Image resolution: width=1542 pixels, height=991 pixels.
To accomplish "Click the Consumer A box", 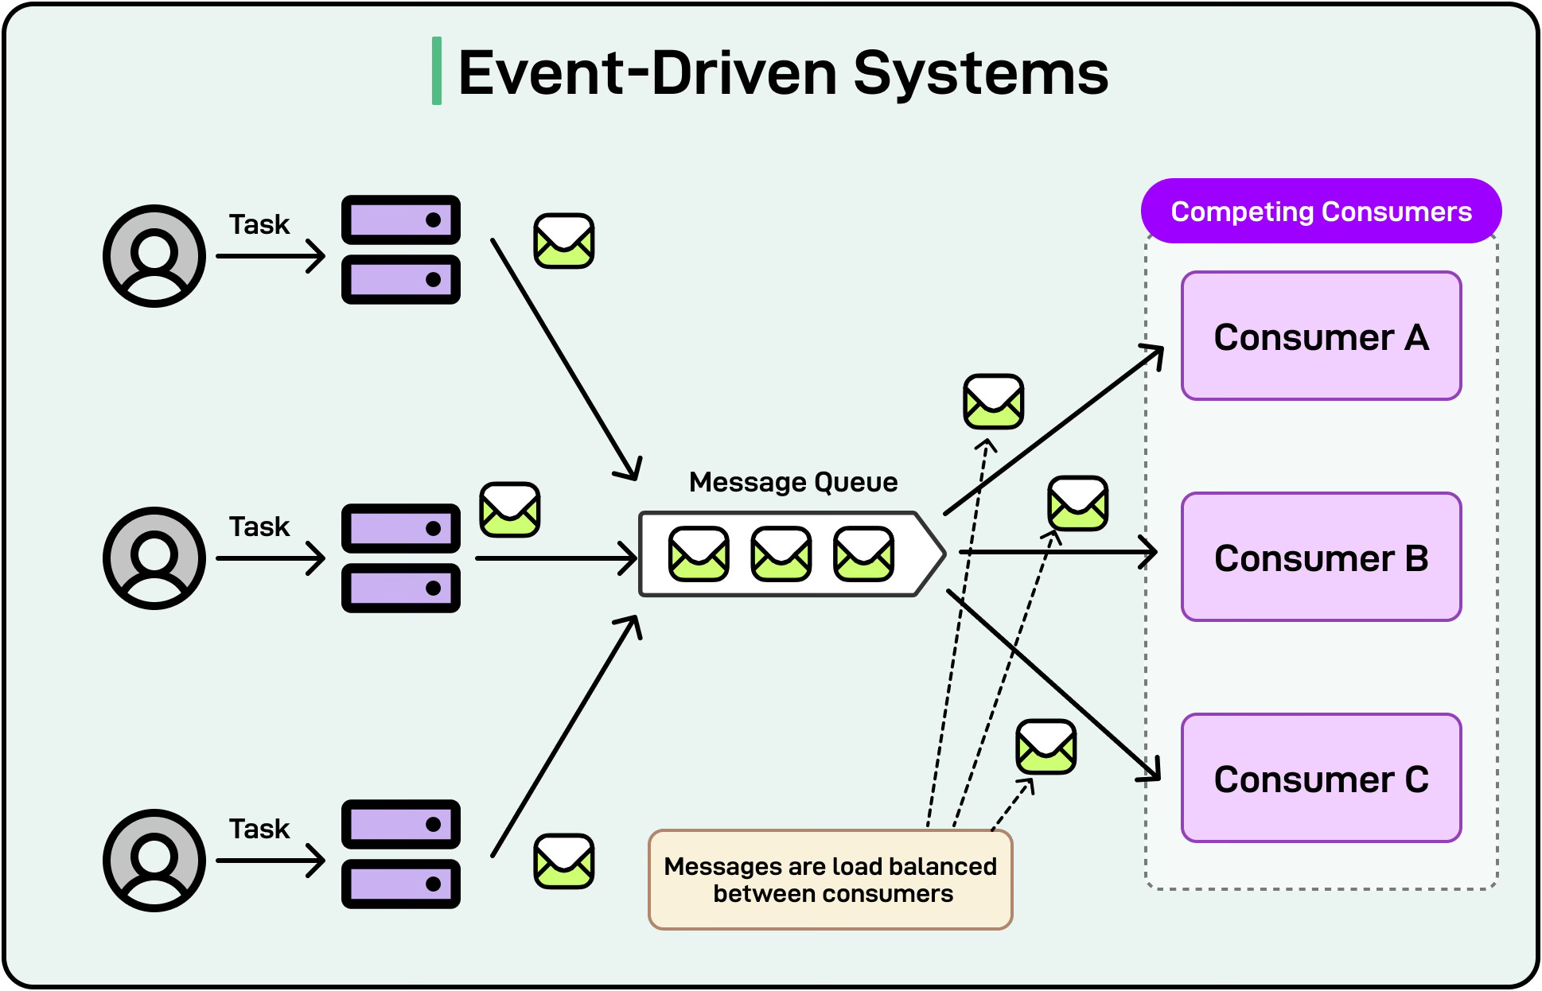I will click(x=1321, y=336).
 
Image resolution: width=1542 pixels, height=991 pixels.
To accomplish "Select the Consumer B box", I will click(x=1321, y=557).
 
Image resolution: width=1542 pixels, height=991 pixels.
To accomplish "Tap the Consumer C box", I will click(x=1321, y=778).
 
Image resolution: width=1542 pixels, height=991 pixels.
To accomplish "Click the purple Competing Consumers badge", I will click(x=1321, y=211).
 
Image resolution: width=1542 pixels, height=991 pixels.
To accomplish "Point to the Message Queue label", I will click(x=792, y=482).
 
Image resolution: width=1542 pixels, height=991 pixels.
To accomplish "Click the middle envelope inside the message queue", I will click(x=781, y=554).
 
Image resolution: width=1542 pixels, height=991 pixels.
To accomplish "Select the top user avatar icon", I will click(x=154, y=256).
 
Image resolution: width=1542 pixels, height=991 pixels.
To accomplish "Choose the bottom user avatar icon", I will click(x=154, y=861).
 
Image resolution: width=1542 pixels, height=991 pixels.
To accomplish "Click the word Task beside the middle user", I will click(x=259, y=527).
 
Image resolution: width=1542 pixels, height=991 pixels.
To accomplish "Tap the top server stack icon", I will click(x=401, y=250).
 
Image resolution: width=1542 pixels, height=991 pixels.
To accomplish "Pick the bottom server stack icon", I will click(x=401, y=854).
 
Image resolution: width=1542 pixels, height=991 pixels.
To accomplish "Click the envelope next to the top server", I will click(x=563, y=240).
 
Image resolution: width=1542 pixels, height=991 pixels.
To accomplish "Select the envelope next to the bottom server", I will click(x=563, y=861).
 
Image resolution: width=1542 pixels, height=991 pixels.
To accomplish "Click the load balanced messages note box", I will click(x=830, y=880).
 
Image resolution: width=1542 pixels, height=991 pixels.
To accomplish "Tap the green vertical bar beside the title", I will click(x=436, y=71).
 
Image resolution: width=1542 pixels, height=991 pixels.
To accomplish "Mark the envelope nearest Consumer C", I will click(x=1046, y=747).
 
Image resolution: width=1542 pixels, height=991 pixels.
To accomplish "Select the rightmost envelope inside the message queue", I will click(x=863, y=554).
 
